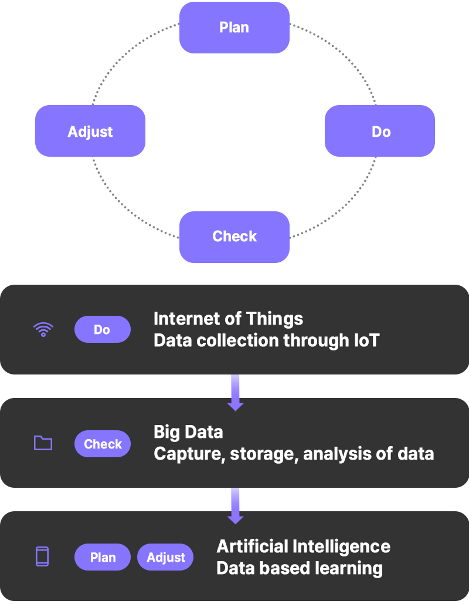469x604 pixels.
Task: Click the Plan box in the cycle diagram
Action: (x=235, y=28)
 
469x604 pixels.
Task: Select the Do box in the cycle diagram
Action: (x=379, y=131)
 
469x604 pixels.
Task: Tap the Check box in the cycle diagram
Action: (x=235, y=237)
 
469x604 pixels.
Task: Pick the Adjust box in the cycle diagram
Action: (x=90, y=131)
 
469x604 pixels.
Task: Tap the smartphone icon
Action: (x=42, y=556)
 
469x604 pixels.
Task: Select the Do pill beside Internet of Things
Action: (x=102, y=329)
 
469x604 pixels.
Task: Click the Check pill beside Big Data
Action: (x=103, y=444)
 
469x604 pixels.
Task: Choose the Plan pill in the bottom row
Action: (x=103, y=557)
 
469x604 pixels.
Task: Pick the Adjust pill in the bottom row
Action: (x=165, y=557)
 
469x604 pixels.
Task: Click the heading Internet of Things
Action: (x=228, y=319)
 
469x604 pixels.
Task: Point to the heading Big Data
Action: (x=188, y=432)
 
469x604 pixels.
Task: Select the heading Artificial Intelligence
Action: (x=303, y=546)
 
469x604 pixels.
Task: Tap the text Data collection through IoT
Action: (x=266, y=340)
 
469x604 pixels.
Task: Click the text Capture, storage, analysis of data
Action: (x=293, y=454)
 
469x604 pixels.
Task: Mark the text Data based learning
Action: (x=299, y=568)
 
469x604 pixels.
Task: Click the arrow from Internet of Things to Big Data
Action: (x=235, y=392)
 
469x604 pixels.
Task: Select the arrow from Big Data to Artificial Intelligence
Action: (x=235, y=505)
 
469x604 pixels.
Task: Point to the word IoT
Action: (x=365, y=340)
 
